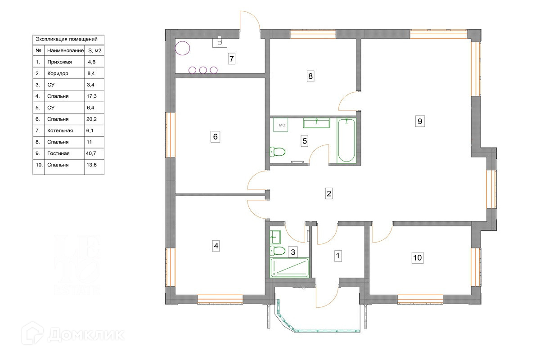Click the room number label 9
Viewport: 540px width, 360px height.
(x=420, y=121)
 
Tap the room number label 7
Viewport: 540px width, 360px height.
(x=231, y=58)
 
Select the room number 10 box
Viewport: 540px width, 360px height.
(x=418, y=257)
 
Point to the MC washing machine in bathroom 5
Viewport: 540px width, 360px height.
(x=280, y=125)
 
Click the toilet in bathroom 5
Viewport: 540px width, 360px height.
(x=278, y=152)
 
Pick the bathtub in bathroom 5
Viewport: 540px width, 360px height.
(x=346, y=140)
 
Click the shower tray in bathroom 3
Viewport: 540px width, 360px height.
(x=289, y=268)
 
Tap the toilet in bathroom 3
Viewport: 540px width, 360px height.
(x=277, y=251)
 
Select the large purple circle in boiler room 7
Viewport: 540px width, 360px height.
(x=183, y=48)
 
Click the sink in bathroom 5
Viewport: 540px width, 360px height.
(x=316, y=123)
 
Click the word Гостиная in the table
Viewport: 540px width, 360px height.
(x=58, y=153)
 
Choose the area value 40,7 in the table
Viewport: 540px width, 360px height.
(x=91, y=153)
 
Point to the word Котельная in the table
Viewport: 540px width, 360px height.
(x=60, y=130)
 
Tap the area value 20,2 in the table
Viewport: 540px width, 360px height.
(x=92, y=119)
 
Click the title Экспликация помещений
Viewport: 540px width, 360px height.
(x=67, y=39)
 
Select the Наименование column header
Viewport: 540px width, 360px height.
(x=65, y=51)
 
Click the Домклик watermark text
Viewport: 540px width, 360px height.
(x=86, y=334)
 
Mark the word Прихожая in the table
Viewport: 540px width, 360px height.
(x=59, y=62)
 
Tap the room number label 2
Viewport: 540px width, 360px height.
(x=329, y=193)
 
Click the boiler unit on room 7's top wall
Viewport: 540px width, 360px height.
(x=220, y=42)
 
